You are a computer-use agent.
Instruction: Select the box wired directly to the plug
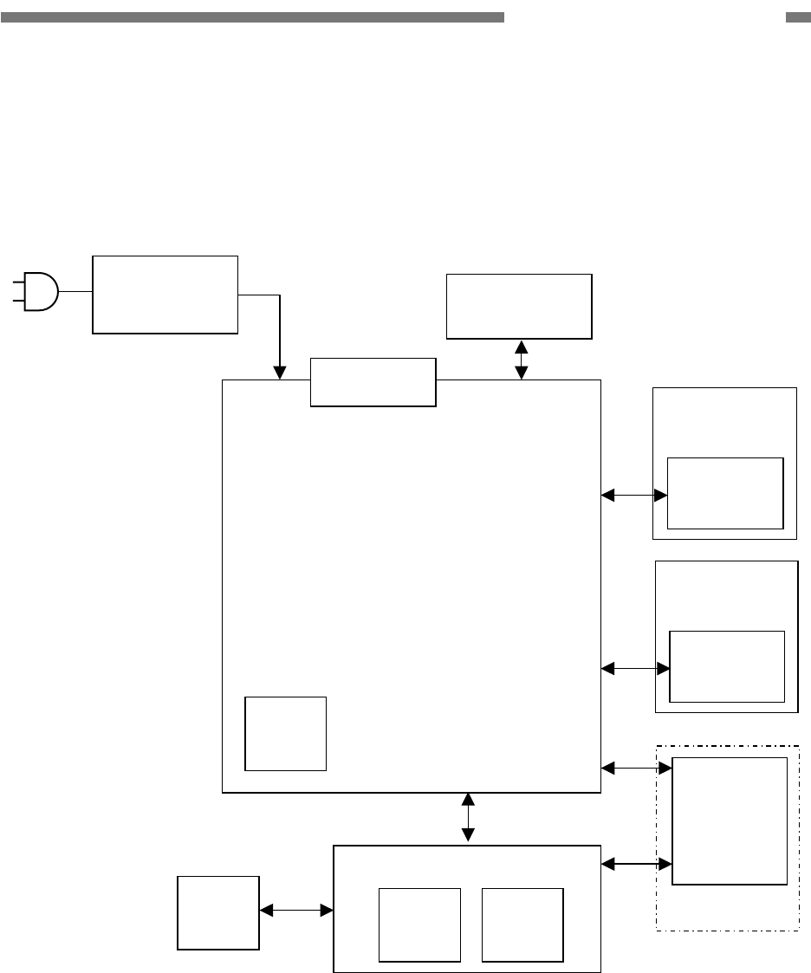tap(165, 295)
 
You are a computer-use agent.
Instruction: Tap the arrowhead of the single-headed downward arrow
tap(280, 373)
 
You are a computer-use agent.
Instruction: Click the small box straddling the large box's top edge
tap(373, 381)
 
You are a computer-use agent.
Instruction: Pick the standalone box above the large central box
tap(518, 306)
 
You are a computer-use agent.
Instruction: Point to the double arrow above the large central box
tap(522, 359)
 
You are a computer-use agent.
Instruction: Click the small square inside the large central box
tap(285, 733)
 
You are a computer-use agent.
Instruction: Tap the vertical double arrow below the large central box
tap(469, 817)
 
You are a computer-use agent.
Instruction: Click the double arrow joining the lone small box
tap(296, 910)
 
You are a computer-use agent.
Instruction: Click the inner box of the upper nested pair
tap(725, 493)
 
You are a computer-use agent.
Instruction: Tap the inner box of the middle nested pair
tap(728, 666)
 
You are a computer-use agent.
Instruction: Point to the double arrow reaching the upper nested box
tap(634, 495)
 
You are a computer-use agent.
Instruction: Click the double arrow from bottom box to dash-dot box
tap(636, 863)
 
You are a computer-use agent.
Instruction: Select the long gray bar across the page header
tap(252, 17)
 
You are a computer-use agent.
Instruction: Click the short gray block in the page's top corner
tap(797, 17)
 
